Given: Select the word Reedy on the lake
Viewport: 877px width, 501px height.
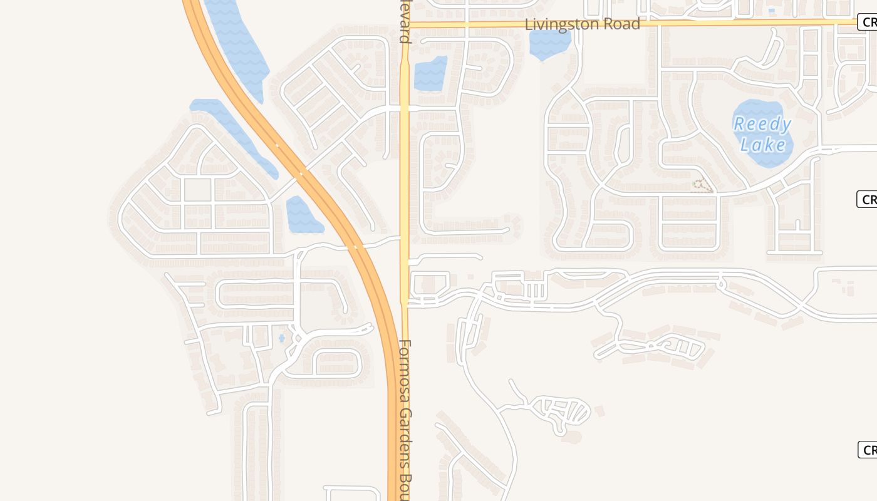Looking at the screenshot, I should pyautogui.click(x=762, y=125).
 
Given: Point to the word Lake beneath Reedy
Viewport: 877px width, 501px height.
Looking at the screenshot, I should pyautogui.click(x=763, y=145).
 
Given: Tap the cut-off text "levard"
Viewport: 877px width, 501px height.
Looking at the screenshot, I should pyautogui.click(x=405, y=21).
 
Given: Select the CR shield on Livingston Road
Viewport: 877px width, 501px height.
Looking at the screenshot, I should pyautogui.click(x=868, y=23).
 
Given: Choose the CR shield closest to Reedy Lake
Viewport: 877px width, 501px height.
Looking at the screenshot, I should pyautogui.click(x=868, y=199).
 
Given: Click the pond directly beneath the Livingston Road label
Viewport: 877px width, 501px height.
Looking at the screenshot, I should pyautogui.click(x=549, y=44).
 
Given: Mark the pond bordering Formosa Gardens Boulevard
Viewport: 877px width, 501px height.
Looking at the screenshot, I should pyautogui.click(x=430, y=73).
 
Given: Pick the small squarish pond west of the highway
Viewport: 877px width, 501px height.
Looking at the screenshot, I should pyautogui.click(x=302, y=214).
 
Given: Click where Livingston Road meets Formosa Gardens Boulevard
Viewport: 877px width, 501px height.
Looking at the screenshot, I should pyautogui.click(x=405, y=24).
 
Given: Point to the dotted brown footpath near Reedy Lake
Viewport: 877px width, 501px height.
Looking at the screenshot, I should pyautogui.click(x=702, y=185).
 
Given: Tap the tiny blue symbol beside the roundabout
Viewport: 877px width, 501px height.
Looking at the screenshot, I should pyautogui.click(x=281, y=338).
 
